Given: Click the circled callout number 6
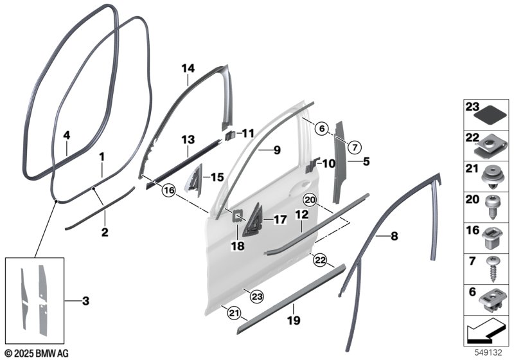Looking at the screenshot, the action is pyautogui.click(x=322, y=129).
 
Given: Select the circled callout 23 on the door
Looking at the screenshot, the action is pyautogui.click(x=256, y=297).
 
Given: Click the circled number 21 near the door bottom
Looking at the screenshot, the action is pyautogui.click(x=234, y=313).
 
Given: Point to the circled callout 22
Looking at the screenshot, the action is pyautogui.click(x=320, y=260).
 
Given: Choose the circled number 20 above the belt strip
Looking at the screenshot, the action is pyautogui.click(x=310, y=200).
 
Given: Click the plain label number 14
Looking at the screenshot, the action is pyautogui.click(x=188, y=68).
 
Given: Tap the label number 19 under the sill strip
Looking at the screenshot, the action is pyautogui.click(x=294, y=319).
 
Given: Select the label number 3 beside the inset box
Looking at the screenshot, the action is pyautogui.click(x=85, y=301).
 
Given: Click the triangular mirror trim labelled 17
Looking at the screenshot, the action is pyautogui.click(x=253, y=221).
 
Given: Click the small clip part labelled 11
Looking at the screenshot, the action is pyautogui.click(x=230, y=135).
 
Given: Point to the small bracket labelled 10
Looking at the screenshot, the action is pyautogui.click(x=312, y=165).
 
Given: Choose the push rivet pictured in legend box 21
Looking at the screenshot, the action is pyautogui.click(x=493, y=177).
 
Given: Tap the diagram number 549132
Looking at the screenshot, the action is pyautogui.click(x=488, y=353).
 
